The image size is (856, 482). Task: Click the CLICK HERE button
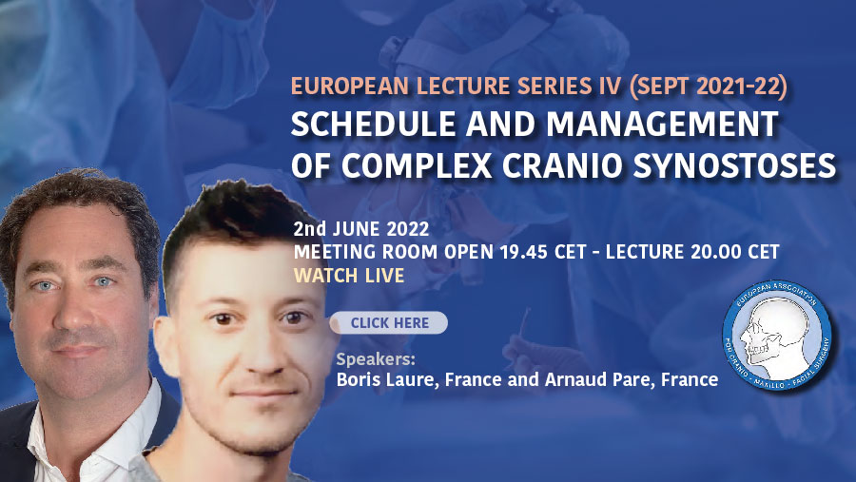pos(389,322)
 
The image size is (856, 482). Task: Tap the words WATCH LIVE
pos(349,276)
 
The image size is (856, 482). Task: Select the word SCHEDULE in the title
pos(374,124)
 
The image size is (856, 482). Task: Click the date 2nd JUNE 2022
pos(360,229)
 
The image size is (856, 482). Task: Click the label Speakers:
pos(376,359)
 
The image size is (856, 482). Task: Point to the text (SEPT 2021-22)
pos(708,87)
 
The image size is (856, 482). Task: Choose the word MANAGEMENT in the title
pos(662,124)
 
